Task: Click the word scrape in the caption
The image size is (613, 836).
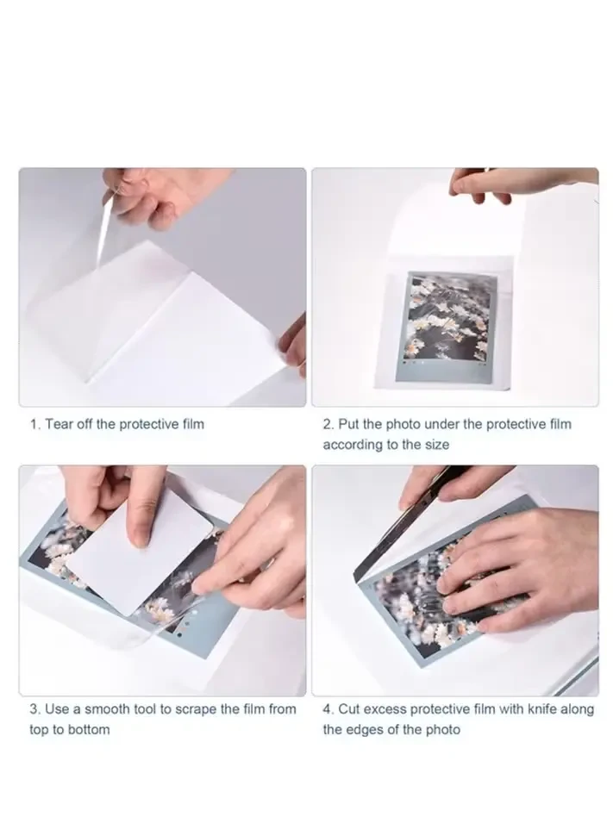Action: [210, 708]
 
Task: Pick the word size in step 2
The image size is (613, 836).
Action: [435, 445]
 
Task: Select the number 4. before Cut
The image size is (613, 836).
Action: [328, 708]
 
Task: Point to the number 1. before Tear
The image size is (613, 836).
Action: [35, 424]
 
